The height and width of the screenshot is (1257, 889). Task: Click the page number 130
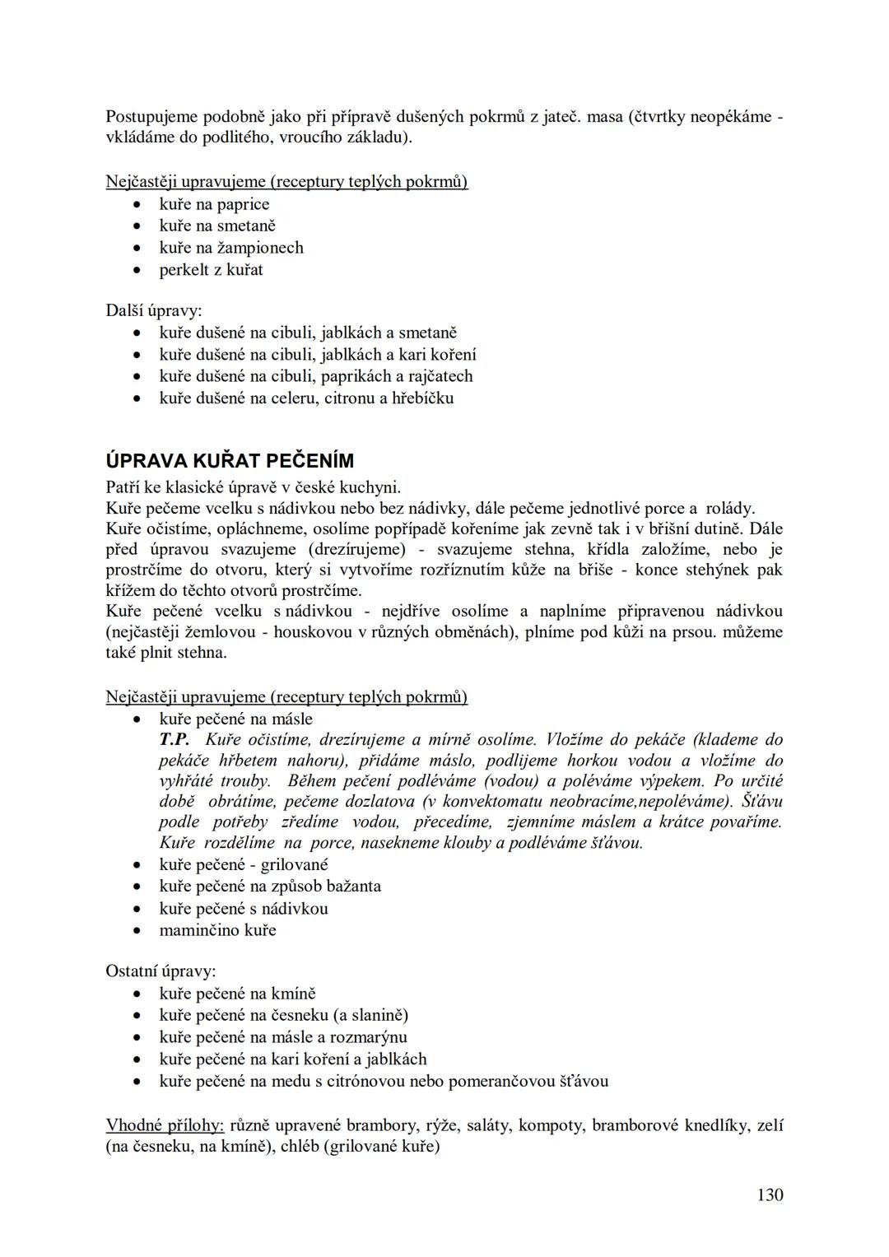pos(770,1194)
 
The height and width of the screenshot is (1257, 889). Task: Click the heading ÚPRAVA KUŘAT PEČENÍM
pos(230,461)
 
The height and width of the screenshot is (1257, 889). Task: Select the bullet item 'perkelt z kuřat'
pos(211,269)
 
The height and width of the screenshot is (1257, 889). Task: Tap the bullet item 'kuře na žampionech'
pos(231,248)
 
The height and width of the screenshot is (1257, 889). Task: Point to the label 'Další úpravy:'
pos(154,310)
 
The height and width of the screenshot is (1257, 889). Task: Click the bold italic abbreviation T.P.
pos(175,739)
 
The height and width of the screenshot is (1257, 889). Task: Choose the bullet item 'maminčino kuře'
pos(217,930)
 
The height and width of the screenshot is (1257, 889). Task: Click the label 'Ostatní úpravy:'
pos(161,971)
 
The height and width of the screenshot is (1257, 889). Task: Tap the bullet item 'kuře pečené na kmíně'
pos(237,994)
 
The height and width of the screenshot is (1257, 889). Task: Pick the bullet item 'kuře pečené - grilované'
pos(244,864)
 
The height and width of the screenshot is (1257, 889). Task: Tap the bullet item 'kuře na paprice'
pos(214,204)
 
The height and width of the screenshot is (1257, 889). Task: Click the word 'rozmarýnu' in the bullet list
pos(368,1037)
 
